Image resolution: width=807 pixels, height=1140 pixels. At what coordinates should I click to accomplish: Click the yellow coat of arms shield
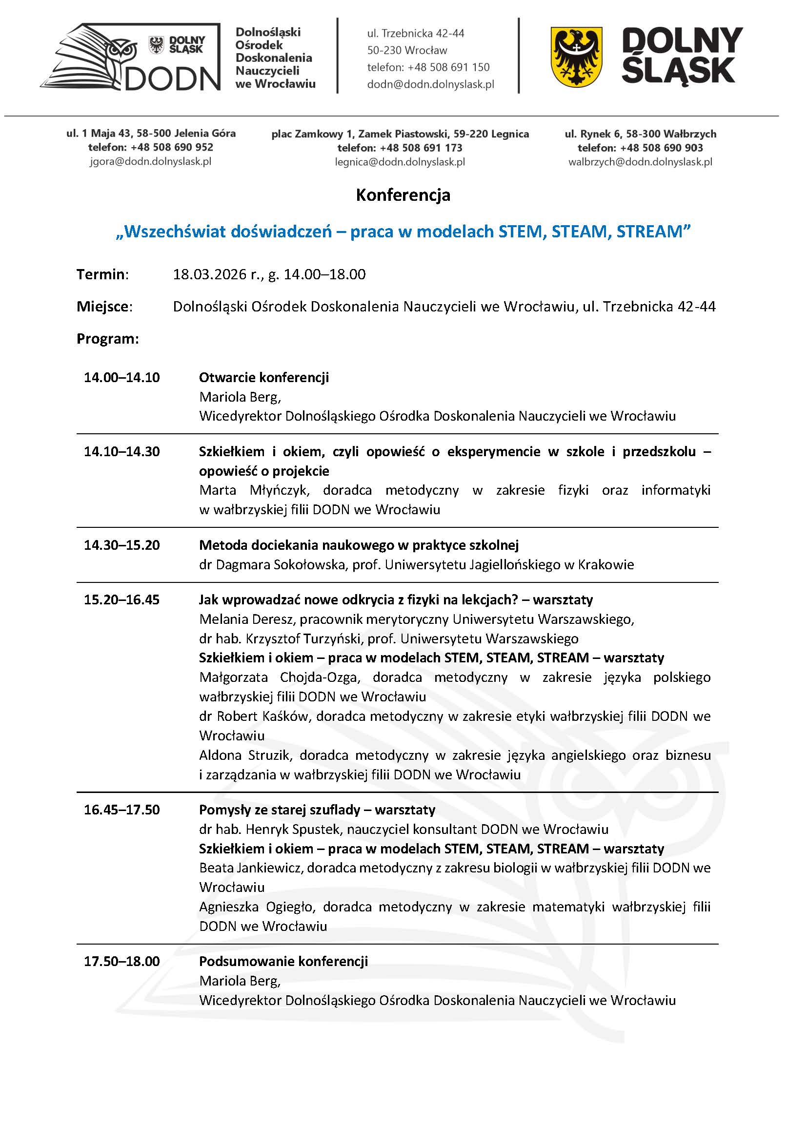point(576,57)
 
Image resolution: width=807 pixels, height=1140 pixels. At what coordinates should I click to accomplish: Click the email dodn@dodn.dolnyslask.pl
point(430,84)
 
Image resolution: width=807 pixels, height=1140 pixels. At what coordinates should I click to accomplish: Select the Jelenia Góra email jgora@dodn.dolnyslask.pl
point(151,161)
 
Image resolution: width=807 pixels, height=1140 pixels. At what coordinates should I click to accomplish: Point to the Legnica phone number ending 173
point(400,148)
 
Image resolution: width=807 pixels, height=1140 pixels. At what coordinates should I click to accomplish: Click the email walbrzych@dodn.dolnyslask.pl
point(640,162)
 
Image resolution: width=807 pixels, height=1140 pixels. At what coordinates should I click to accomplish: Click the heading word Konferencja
point(403,195)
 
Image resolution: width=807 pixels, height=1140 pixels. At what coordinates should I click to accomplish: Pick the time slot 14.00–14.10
point(122,377)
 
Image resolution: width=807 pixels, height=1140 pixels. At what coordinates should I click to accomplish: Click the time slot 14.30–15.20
point(122,545)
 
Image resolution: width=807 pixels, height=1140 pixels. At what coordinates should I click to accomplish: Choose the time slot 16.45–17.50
point(122,810)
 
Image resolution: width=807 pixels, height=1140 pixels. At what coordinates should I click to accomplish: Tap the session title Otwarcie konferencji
point(264,377)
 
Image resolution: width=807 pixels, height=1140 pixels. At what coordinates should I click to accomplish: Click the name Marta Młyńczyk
point(254,491)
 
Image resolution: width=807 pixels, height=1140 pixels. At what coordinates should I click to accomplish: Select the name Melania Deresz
point(246,619)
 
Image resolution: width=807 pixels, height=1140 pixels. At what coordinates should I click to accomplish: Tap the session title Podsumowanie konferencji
point(283,961)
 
